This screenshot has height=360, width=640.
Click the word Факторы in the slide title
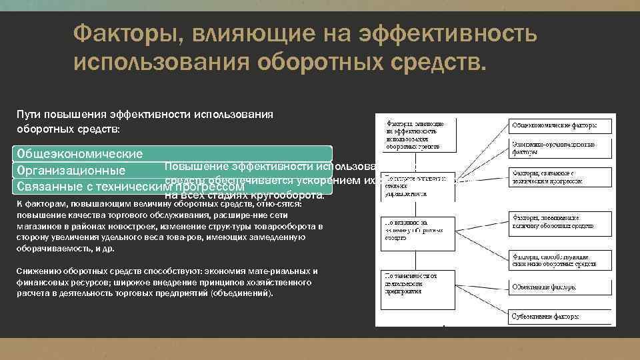coord(119,33)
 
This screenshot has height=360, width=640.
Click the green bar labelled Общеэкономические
coord(173,153)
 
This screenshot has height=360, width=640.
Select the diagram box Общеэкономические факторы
coord(560,125)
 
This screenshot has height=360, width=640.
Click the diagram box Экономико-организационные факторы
coord(560,148)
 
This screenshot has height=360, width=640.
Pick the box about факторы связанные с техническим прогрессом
coord(560,177)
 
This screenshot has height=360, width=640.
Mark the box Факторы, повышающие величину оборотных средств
coord(560,221)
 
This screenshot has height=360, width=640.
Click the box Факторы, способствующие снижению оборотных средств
coord(560,259)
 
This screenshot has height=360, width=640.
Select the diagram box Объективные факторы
coord(560,287)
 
